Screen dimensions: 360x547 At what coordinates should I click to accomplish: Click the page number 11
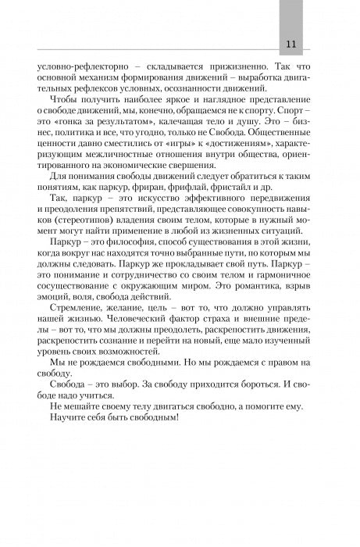pos(290,42)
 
